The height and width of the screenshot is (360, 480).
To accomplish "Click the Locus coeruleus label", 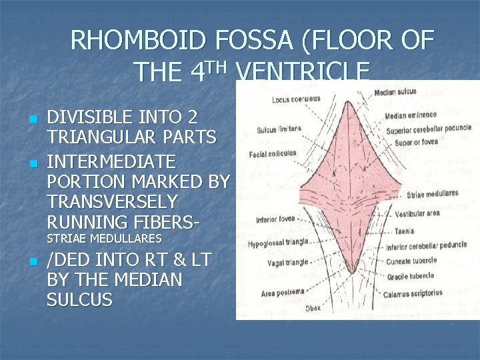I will click(296, 99).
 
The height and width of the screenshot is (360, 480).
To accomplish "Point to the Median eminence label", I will click(409, 115).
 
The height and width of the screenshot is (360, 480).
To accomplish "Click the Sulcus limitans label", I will click(279, 129).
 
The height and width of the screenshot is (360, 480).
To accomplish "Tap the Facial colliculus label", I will click(272, 154).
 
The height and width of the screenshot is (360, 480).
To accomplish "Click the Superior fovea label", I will click(416, 143).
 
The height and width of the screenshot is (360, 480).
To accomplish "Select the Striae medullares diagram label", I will click(432, 194).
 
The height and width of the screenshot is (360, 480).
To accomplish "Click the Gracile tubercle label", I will click(410, 276).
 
